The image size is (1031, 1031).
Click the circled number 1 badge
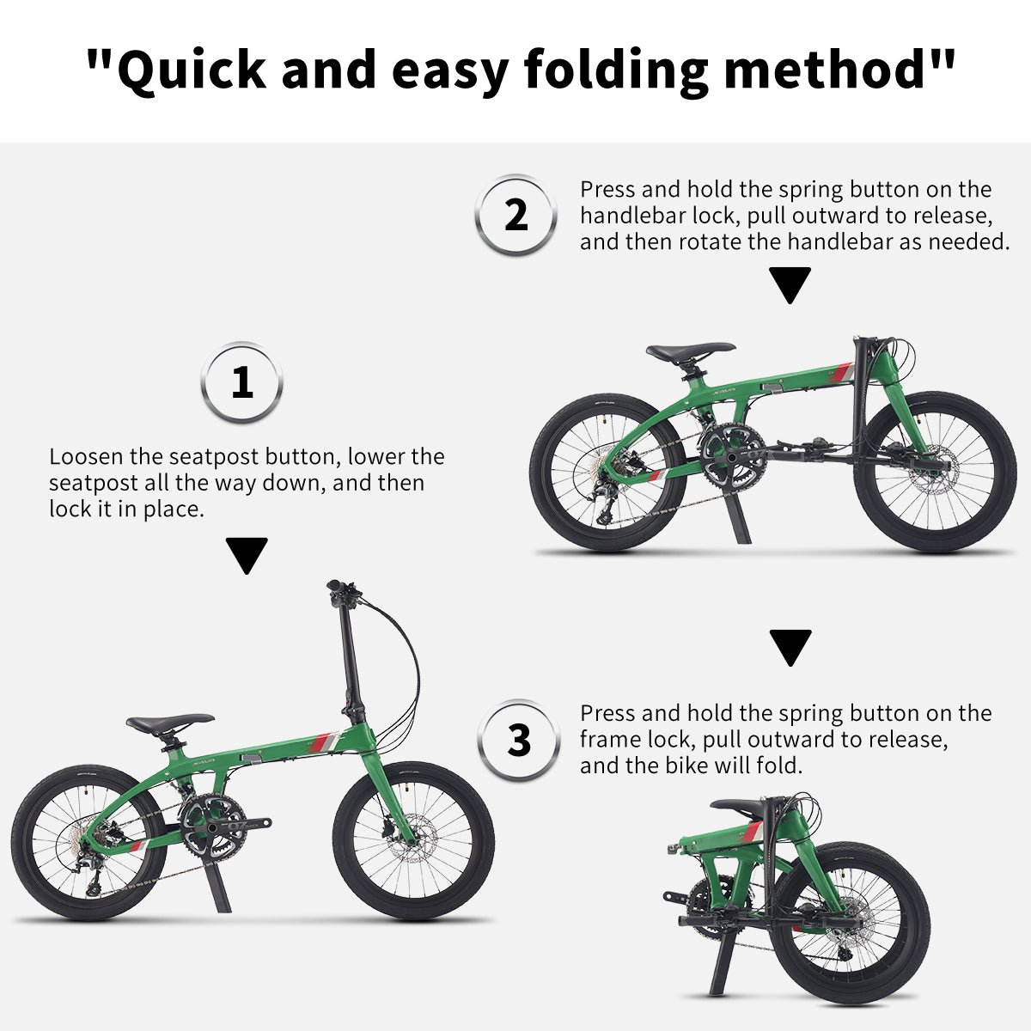click(x=241, y=382)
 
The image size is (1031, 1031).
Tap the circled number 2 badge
click(x=515, y=215)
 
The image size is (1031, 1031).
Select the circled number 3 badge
click(x=518, y=741)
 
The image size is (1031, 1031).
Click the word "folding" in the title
click(x=616, y=70)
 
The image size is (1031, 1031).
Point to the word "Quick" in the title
click(x=192, y=70)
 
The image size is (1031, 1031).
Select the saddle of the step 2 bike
click(x=690, y=351)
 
